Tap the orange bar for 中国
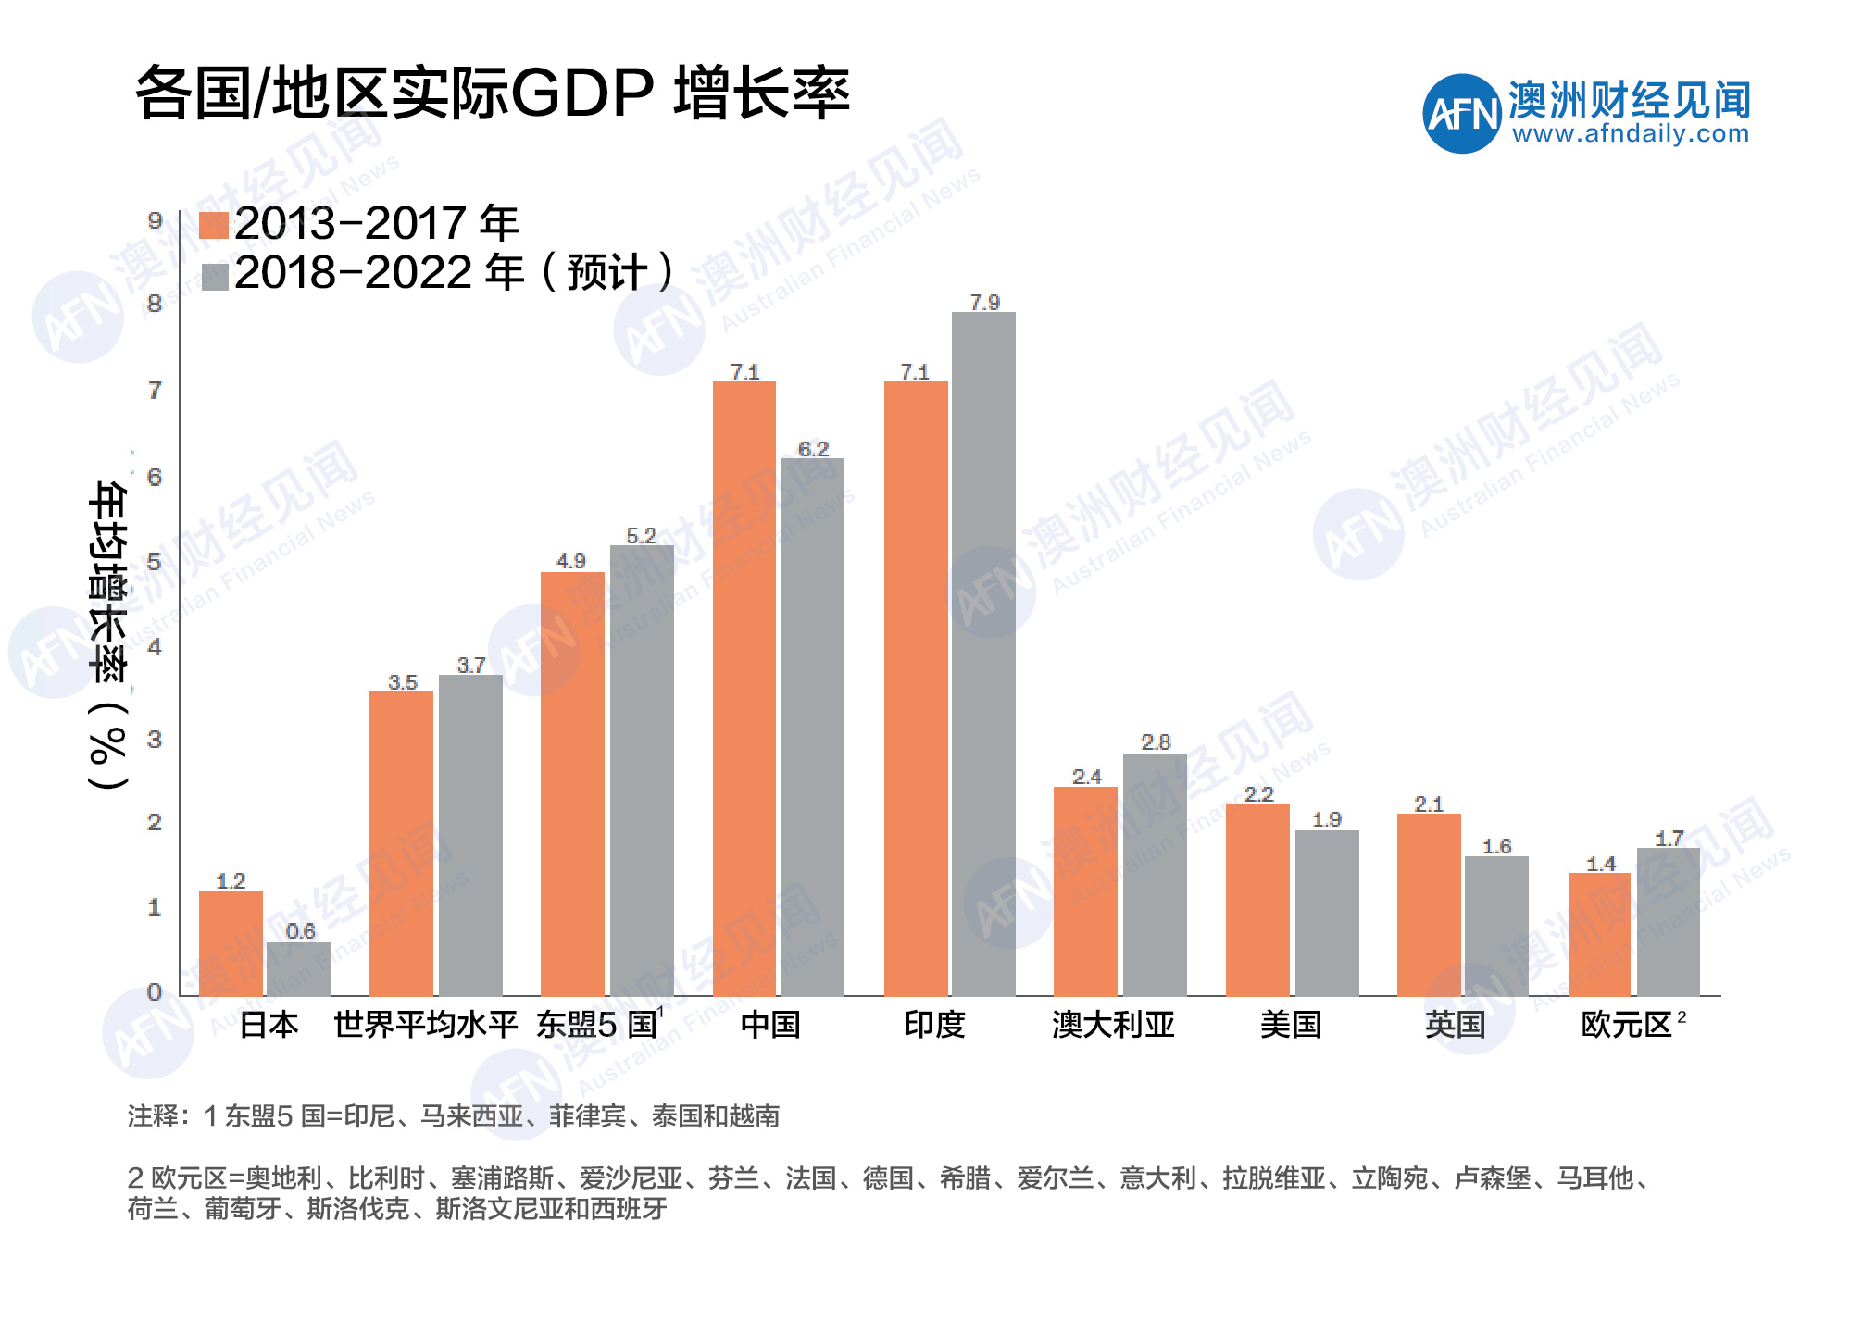(x=744, y=689)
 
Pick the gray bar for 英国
(x=1496, y=926)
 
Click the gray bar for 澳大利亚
(x=1155, y=875)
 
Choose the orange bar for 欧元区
(x=1600, y=934)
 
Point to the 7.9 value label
(x=984, y=303)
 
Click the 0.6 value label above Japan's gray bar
(x=300, y=930)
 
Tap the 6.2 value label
(x=813, y=449)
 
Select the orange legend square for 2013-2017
(x=214, y=225)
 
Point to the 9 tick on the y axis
(x=155, y=220)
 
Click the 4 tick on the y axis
(x=155, y=647)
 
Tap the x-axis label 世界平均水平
(x=425, y=1025)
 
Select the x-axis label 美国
(x=1291, y=1025)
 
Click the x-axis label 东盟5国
(x=598, y=1025)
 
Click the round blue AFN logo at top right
(x=1461, y=114)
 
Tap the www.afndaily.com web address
(x=1631, y=134)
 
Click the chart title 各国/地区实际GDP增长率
(x=492, y=93)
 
